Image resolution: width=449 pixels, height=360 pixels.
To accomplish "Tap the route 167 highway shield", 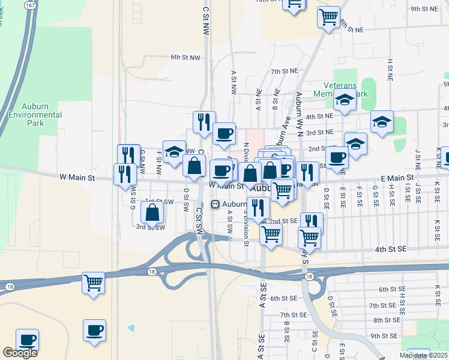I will click(x=29, y=5).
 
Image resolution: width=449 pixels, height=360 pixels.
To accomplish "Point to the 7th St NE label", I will click(x=284, y=71).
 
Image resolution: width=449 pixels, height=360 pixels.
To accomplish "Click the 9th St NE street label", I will click(x=424, y=10).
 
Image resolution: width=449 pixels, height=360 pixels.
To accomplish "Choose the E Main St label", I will click(x=397, y=178).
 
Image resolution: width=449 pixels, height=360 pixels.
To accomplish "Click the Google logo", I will click(x=20, y=353).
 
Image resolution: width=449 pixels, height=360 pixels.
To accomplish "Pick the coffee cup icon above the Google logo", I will click(x=27, y=340).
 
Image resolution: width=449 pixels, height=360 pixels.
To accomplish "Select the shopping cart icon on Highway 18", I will click(x=93, y=282).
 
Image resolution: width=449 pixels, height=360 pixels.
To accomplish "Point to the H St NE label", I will click(x=390, y=70).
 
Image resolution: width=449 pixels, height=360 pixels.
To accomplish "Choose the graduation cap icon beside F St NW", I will click(x=174, y=151).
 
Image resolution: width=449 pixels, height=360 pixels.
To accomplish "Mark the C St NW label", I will click(x=205, y=21).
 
